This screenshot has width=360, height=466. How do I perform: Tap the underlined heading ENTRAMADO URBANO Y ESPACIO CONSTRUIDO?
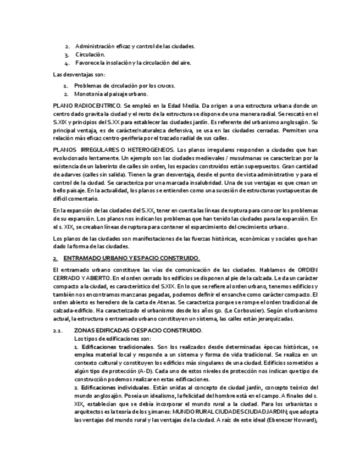(131, 258)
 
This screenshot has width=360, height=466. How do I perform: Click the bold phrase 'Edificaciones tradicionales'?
(117, 347)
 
